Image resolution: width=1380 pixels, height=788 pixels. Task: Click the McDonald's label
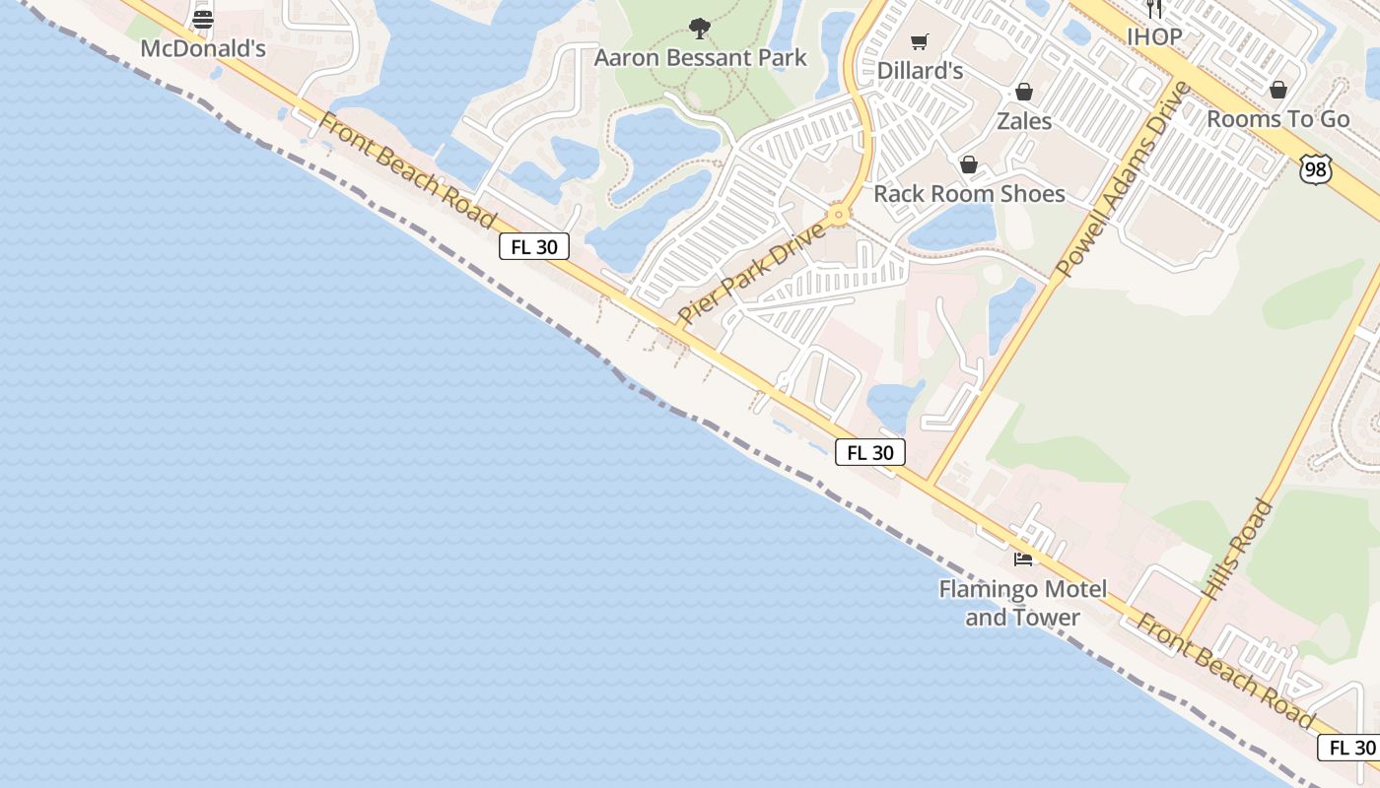coord(203,49)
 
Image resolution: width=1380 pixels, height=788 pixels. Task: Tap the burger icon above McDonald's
coord(203,19)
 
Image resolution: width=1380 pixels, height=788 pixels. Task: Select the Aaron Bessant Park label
coord(700,57)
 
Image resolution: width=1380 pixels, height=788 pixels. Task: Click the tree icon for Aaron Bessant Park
coord(700,28)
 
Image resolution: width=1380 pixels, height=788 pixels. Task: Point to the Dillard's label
coord(919,71)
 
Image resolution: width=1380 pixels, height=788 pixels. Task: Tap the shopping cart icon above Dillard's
coord(920,41)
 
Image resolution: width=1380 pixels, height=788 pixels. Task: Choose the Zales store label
coord(1024,121)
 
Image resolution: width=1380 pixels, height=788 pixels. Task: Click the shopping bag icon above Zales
coord(1024,92)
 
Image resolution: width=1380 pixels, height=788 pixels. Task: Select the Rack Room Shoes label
coord(969,193)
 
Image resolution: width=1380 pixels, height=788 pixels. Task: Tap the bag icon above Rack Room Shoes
coord(969,164)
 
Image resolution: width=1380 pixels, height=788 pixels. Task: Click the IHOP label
coord(1154,36)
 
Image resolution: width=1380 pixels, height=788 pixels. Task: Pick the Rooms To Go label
coord(1278,119)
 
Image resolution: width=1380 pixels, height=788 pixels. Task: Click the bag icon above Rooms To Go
coord(1278,90)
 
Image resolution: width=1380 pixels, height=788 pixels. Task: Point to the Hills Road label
coord(1239,550)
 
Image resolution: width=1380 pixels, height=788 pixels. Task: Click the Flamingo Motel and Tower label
coord(1023,603)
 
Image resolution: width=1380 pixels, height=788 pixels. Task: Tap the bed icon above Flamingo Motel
coord(1023,559)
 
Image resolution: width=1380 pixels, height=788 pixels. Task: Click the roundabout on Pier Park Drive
coord(839,215)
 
